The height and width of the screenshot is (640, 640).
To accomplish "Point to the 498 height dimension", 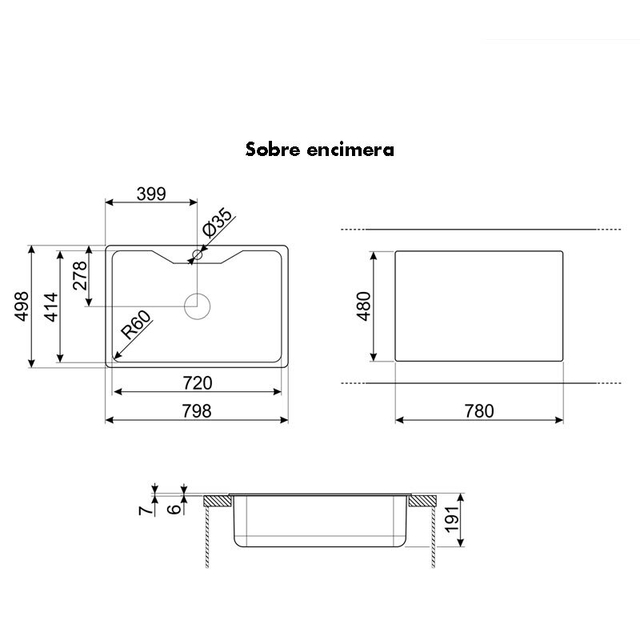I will point(22,306).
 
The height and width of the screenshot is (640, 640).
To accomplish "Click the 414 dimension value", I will point(50,306).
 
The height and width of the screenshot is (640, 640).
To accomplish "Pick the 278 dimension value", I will point(79,277).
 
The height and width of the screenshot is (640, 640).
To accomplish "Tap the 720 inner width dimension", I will point(198,383).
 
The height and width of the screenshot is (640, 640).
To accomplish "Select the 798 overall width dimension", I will point(197,411).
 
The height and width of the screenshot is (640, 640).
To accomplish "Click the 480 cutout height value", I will point(364,306).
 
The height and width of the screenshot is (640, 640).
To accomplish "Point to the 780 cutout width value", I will point(480,411).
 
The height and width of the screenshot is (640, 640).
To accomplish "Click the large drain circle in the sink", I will point(197,306).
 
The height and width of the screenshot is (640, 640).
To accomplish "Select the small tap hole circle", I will point(197,255).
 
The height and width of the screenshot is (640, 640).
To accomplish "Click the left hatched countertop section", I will point(217,502).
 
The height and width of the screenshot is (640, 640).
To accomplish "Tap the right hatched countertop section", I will point(420,502).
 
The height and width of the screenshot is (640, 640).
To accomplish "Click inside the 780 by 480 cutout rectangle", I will point(480,306).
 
